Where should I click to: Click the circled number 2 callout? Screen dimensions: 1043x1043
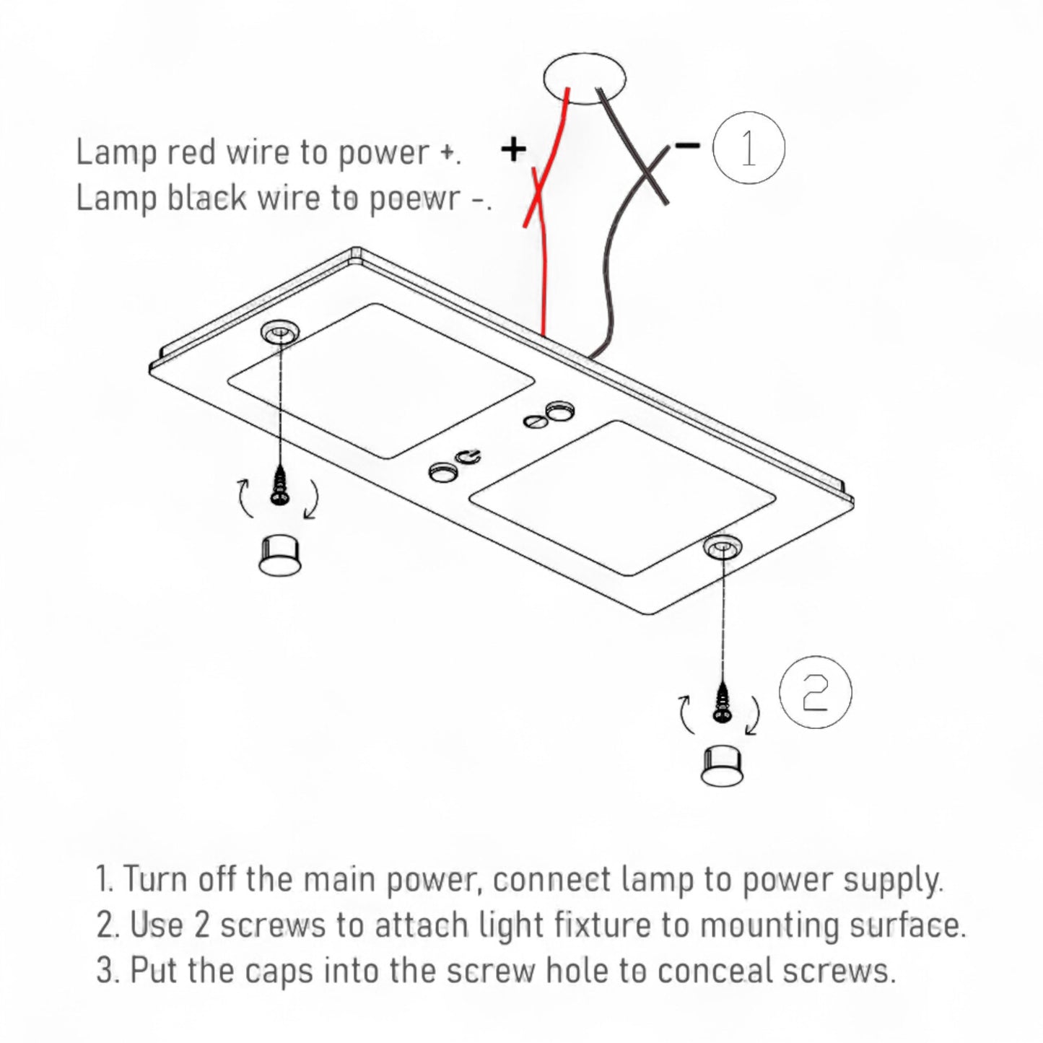point(816,692)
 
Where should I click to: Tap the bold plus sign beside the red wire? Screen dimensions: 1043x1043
point(513,149)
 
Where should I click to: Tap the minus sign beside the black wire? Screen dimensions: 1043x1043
point(687,147)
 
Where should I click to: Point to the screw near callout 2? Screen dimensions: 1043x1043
point(721,701)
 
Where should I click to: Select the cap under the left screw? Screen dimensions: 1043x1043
point(279,556)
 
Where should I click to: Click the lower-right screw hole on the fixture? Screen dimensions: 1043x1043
point(722,548)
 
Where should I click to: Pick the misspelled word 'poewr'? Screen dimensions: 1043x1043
point(414,198)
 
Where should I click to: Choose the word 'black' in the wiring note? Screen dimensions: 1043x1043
point(207,198)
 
